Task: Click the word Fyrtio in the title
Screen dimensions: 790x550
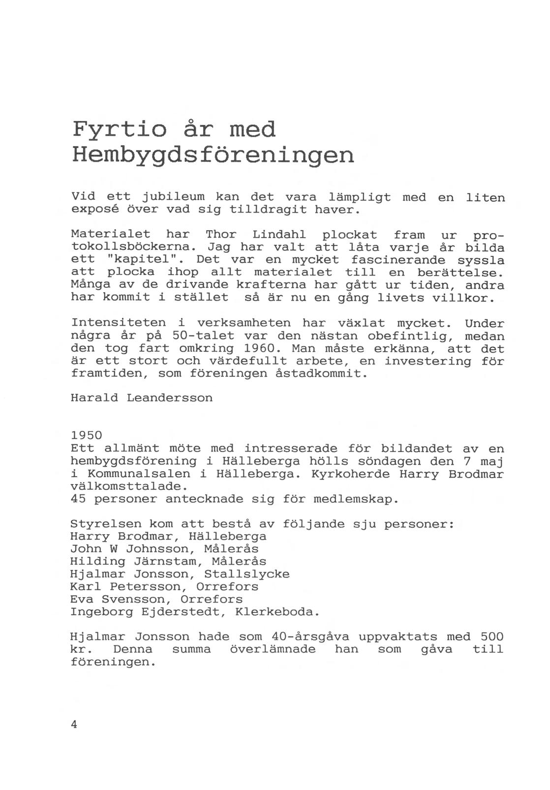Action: (119, 130)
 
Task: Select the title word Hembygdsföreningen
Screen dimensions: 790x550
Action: (213, 155)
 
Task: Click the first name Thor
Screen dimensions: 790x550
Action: (221, 235)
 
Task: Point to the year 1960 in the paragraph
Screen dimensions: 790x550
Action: (263, 349)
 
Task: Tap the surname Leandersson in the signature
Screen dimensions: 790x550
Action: (170, 397)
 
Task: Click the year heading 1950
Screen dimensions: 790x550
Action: (87, 436)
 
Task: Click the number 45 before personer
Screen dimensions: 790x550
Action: (79, 499)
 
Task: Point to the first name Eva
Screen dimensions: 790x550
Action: (82, 600)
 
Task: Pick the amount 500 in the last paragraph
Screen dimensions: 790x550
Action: (492, 637)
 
